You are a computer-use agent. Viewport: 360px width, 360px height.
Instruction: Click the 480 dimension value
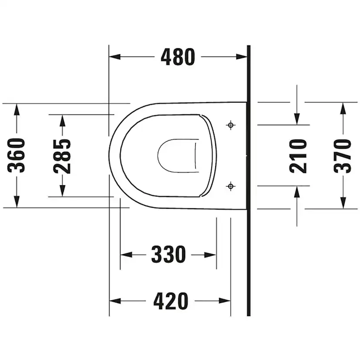pyautogui.click(x=178, y=57)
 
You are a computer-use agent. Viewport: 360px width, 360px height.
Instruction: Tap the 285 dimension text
pyautogui.click(x=63, y=155)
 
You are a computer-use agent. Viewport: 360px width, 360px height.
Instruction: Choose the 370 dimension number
pyautogui.click(x=343, y=155)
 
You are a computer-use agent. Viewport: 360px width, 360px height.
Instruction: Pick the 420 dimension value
pyautogui.click(x=170, y=301)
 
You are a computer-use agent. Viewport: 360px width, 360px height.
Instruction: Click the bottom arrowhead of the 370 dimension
pyautogui.click(x=343, y=203)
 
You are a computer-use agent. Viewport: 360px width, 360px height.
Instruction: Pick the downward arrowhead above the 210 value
pyautogui.click(x=297, y=118)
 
